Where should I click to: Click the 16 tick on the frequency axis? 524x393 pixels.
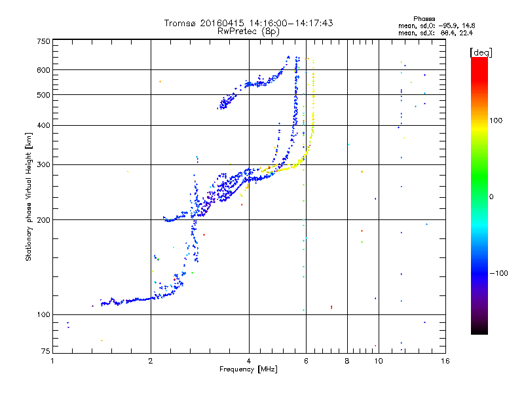445,361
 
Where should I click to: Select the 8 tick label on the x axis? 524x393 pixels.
347,361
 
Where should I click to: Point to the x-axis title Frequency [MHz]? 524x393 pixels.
248,370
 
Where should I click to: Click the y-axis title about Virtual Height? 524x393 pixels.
29,196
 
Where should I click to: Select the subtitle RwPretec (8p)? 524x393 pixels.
248,31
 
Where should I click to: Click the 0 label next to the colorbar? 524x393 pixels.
492,196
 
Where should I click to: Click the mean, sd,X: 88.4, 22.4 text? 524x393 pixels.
435,32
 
